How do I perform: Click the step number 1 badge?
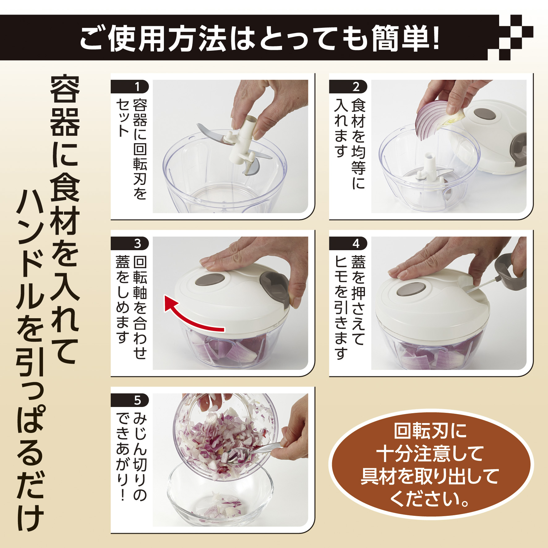pos(130,87)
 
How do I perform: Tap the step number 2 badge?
pos(348,87)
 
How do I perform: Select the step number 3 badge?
pos(130,243)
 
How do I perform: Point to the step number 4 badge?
pos(348,243)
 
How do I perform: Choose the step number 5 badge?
pos(130,400)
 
